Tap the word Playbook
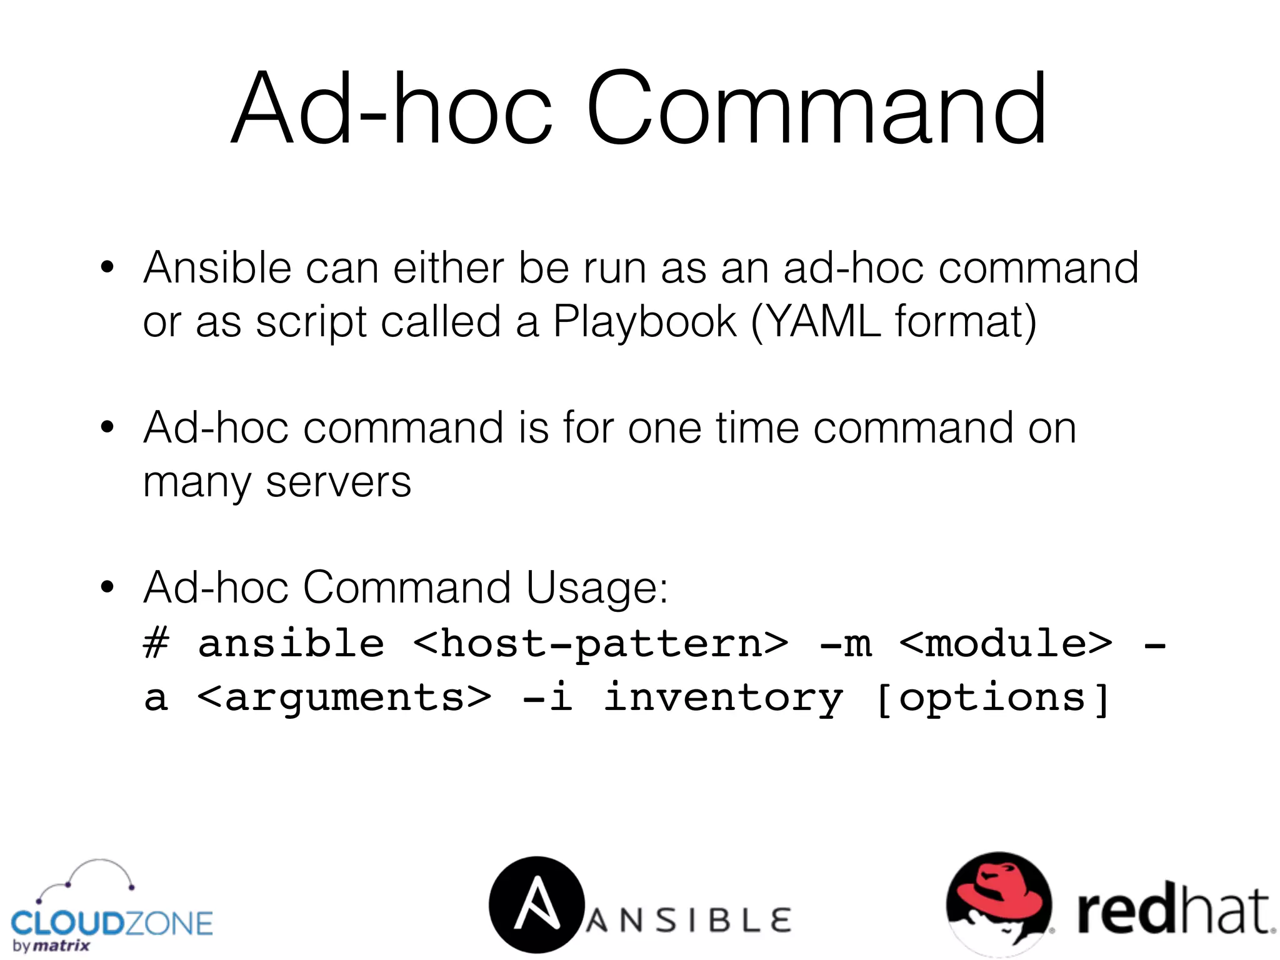644,322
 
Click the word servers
338,482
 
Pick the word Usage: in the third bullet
597,588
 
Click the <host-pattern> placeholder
601,643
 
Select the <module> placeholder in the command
1006,643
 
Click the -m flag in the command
845,644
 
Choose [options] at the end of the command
992,698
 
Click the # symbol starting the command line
156,643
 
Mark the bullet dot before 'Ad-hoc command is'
107,427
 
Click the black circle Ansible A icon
536,904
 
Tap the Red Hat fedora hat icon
999,901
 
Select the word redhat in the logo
1174,911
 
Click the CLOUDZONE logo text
112,923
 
